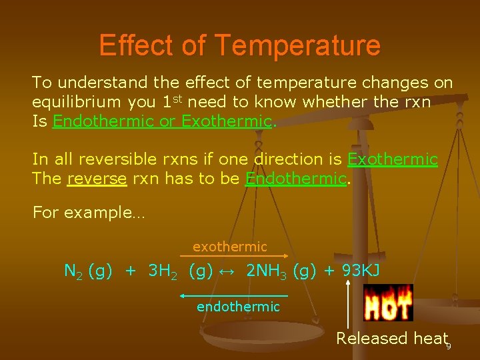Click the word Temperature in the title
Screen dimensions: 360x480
click(297, 46)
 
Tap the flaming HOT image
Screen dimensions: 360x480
click(388, 303)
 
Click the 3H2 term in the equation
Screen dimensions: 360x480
click(163, 271)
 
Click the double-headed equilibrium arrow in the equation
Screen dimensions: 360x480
click(229, 271)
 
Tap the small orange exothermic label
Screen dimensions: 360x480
click(230, 247)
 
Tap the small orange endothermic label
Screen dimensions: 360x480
click(238, 307)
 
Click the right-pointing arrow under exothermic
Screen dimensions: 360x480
click(235, 256)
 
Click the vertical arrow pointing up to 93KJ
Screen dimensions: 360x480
click(347, 303)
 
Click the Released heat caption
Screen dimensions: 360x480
click(391, 339)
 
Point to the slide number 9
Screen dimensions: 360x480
click(449, 347)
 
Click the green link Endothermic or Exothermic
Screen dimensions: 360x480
click(163, 121)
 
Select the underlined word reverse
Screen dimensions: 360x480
click(97, 179)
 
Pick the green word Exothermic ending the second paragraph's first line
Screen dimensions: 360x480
click(393, 159)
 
